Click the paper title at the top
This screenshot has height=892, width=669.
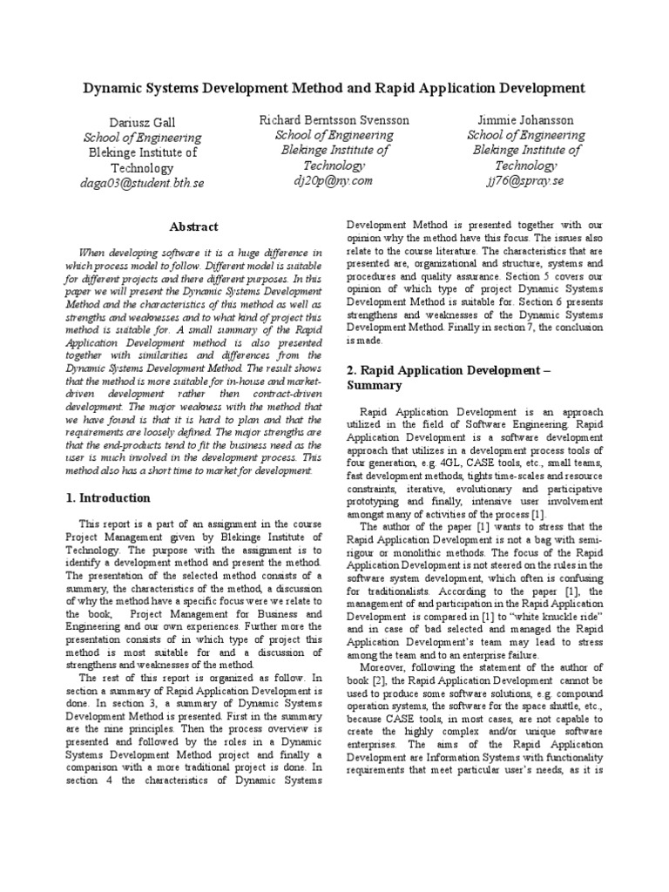pyautogui.click(x=334, y=88)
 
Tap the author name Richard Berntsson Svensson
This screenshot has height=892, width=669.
pyautogui.click(x=334, y=119)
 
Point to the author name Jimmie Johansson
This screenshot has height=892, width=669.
pyautogui.click(x=526, y=119)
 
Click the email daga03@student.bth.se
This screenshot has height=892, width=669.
pyautogui.click(x=142, y=184)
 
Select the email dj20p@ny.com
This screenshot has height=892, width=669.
pyautogui.click(x=334, y=180)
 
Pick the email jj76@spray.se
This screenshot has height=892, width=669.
pyautogui.click(x=526, y=180)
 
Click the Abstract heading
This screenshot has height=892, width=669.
pyautogui.click(x=193, y=226)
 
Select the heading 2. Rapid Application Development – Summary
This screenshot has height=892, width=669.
pyautogui.click(x=461, y=377)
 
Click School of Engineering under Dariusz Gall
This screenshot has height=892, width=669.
pyautogui.click(x=142, y=138)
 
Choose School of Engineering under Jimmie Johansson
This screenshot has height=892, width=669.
pyautogui.click(x=526, y=135)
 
